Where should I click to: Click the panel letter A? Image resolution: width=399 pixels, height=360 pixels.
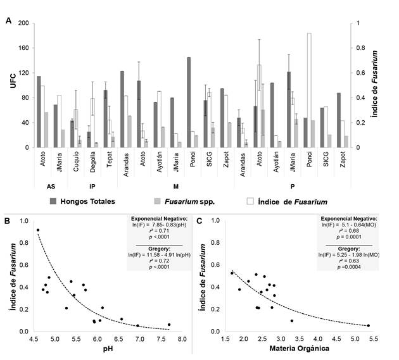pyautogui.click(x=8, y=20)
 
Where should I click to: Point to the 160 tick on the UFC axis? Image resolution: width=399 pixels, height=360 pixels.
pyautogui.click(x=23, y=47)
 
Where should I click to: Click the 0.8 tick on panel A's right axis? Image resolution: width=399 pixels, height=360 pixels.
pyautogui.click(x=360, y=47)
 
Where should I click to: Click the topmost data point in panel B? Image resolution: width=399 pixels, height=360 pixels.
pyautogui.click(x=38, y=230)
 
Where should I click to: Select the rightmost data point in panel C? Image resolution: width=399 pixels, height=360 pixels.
pyautogui.click(x=368, y=325)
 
